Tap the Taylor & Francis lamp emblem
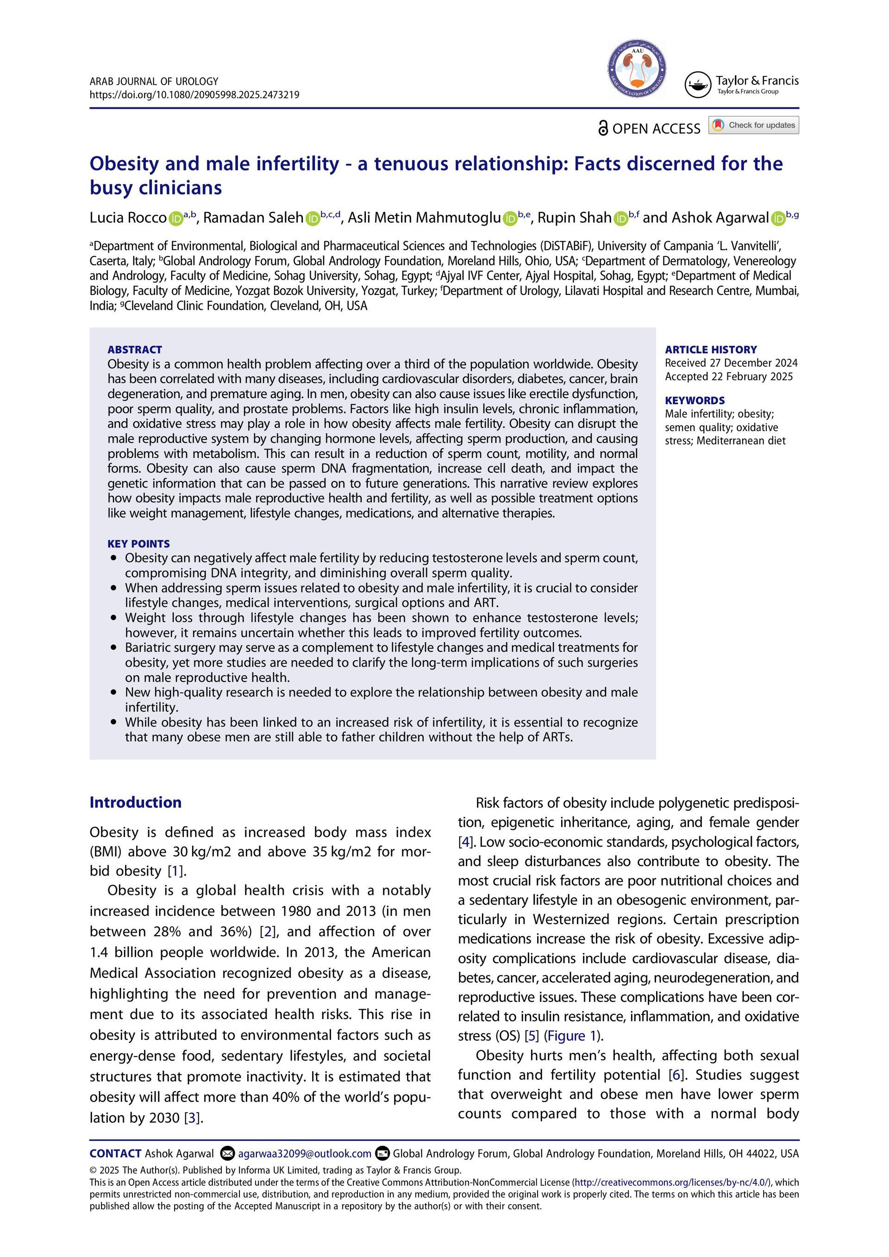697,85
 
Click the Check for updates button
754,125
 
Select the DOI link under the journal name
194,95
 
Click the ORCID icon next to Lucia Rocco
176,219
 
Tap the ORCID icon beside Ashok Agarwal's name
778,219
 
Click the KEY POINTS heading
138,544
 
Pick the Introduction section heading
136,803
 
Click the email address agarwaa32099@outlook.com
304,1154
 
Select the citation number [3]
191,1118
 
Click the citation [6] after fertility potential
676,1075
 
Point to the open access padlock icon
603,128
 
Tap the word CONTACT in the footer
115,1154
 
